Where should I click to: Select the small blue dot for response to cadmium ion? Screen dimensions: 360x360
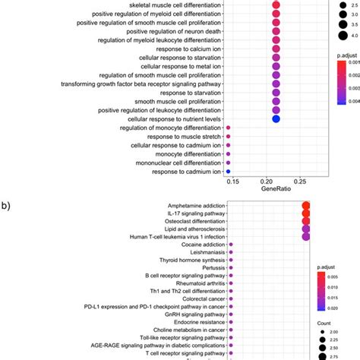(229, 172)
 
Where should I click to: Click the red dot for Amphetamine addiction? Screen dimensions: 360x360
(306, 207)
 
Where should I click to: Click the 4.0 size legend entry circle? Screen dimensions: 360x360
(333, 33)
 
